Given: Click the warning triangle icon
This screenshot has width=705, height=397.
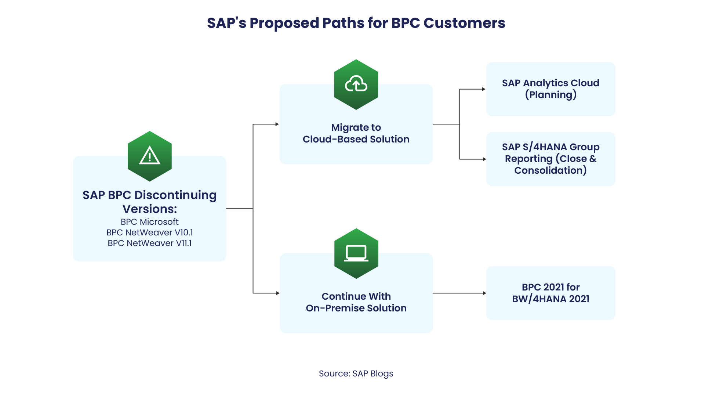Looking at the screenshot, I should point(150,156).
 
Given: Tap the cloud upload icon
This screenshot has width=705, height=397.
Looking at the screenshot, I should point(356,84).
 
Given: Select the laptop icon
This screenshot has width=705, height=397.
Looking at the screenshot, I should point(356,253).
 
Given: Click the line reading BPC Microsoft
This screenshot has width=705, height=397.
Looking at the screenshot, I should point(150,222).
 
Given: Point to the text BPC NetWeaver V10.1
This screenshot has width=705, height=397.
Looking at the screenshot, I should point(150,232).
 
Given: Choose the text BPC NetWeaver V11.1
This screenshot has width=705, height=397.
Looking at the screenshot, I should point(150,243).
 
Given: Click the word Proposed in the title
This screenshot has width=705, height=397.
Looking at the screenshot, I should point(284,23).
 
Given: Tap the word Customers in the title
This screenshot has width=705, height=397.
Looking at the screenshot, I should point(464,23).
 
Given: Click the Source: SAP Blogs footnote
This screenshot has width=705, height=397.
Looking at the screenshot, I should point(356,373).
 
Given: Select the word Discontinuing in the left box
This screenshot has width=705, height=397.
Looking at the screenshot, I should point(175,195).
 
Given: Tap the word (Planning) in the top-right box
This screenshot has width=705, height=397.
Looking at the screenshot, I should point(550,95).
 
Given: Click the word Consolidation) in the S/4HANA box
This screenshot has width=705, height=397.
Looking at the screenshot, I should point(550,170).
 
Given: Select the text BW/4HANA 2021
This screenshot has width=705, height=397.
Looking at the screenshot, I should point(550,299).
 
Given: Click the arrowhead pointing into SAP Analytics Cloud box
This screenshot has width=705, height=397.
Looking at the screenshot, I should point(484,89).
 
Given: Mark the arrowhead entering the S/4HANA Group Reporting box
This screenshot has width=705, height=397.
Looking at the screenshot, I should point(484,159).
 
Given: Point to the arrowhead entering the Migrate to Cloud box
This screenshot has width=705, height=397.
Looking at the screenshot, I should point(277,124).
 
